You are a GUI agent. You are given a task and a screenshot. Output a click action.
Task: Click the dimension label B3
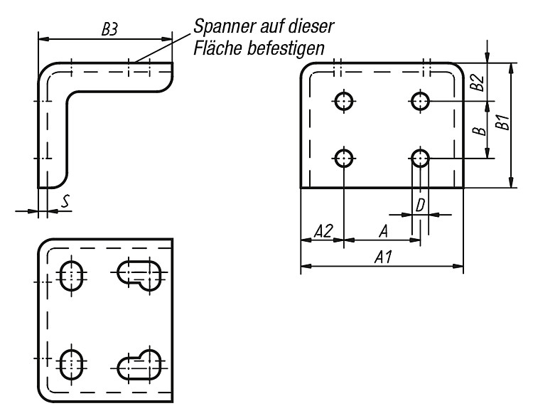(109, 29)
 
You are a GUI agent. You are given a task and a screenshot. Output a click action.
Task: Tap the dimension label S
(65, 201)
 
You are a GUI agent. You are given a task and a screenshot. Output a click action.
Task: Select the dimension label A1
(383, 257)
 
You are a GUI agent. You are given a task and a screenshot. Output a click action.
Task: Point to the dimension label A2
(323, 231)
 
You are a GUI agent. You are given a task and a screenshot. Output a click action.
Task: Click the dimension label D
(420, 205)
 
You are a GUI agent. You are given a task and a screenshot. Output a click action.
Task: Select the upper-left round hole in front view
(344, 101)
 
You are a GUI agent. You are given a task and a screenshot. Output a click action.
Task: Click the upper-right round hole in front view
(420, 101)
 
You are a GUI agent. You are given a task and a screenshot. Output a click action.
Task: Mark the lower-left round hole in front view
(344, 159)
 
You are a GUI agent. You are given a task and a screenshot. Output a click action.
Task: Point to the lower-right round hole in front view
(420, 159)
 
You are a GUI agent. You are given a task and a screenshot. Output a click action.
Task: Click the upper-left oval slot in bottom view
(71, 275)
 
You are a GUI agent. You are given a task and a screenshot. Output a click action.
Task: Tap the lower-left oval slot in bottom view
(71, 365)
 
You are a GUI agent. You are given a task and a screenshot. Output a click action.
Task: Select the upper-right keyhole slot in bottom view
(139, 275)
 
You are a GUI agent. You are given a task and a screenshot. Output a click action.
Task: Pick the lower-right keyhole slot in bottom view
(139, 364)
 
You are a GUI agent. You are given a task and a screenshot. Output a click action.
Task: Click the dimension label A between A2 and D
(384, 231)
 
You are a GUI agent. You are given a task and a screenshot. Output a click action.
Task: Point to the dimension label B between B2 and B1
(479, 130)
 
